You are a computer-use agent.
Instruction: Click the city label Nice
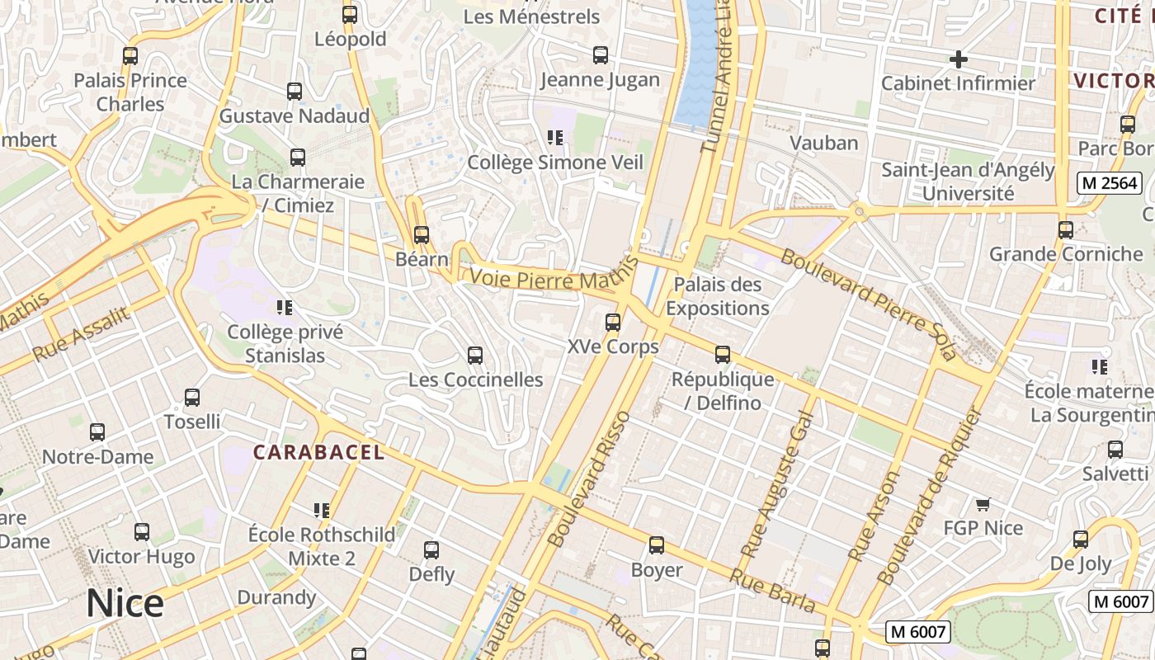pos(125,604)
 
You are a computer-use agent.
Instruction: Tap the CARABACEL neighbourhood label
pos(318,452)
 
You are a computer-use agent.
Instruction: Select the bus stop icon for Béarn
pos(422,235)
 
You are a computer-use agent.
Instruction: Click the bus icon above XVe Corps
pos(613,323)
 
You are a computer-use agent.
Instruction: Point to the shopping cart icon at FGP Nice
pos(983,504)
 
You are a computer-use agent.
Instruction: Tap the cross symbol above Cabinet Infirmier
pos(958,59)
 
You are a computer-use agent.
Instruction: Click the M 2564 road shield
pos(1109,183)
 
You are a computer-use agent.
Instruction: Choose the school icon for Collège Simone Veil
pos(555,138)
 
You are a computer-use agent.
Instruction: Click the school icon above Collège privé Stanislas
pos(285,309)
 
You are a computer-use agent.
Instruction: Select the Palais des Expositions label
pos(717,296)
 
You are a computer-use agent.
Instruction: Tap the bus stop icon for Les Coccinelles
pos(475,356)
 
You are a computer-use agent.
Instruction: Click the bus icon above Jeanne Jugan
pos(601,55)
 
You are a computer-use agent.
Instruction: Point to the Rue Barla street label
pos(773,592)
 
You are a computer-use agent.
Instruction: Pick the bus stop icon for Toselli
pos(192,398)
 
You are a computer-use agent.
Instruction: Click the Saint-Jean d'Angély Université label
pos(968,181)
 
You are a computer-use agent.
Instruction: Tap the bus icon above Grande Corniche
pos(1066,230)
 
